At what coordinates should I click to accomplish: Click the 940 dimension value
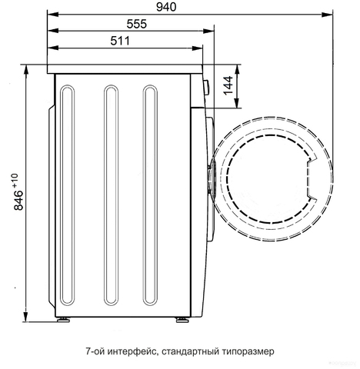click(166, 7)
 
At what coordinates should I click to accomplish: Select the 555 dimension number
click(137, 24)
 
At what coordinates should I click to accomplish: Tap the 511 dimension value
click(120, 41)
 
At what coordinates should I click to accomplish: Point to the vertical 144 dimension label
click(228, 85)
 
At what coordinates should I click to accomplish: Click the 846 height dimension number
click(18, 201)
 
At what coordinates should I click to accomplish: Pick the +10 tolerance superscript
click(15, 180)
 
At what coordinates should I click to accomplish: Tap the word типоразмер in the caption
click(247, 351)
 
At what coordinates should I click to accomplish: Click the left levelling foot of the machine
click(63, 320)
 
